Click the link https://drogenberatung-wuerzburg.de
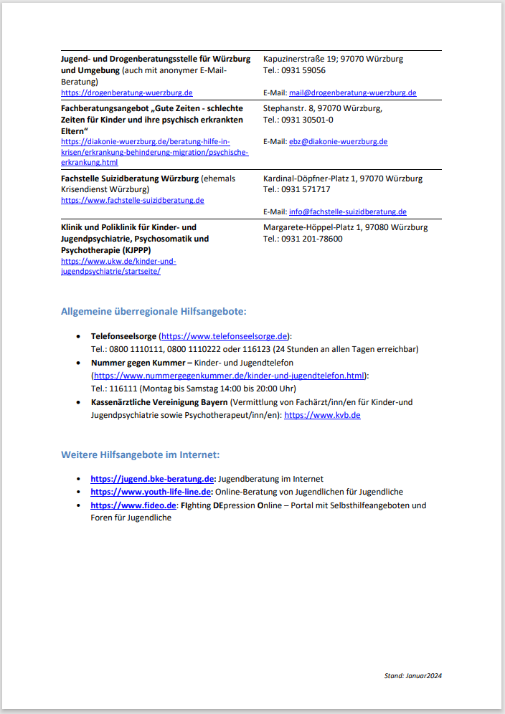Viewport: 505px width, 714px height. click(126, 92)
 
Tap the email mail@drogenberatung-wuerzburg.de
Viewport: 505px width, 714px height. click(352, 92)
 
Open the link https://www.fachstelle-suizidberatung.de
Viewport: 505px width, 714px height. click(132, 200)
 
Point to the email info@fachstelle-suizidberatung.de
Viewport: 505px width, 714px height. click(347, 211)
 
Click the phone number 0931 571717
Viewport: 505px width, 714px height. click(306, 189)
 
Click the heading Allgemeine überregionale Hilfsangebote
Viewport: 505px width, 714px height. click(154, 311)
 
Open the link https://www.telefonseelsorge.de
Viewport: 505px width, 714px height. click(225, 335)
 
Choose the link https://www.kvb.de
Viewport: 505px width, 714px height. click(322, 415)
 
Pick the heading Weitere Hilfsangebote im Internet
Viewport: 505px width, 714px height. click(140, 454)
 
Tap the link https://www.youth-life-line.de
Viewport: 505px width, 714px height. click(151, 492)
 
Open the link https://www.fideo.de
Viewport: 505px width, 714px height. click(133, 505)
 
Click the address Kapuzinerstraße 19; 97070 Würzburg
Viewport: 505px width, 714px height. click(333, 59)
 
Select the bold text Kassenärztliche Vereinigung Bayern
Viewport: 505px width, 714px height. click(159, 402)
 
